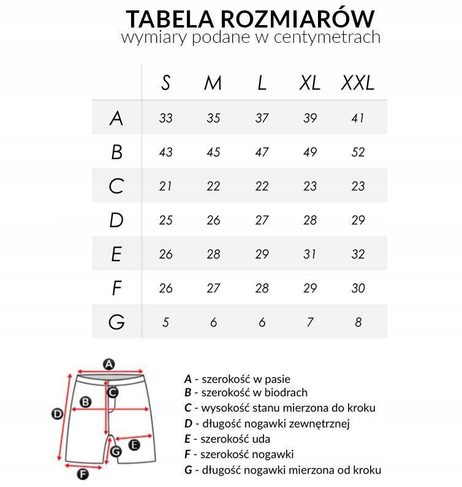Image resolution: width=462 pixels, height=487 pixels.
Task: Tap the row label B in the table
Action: [116, 152]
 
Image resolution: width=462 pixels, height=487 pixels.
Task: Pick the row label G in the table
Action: [116, 322]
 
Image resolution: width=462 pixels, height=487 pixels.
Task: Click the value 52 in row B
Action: [358, 152]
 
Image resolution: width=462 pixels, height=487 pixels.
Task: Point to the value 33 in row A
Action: [165, 118]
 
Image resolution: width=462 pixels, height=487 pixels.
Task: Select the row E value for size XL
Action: [310, 254]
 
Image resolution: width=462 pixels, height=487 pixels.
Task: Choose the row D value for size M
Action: [213, 220]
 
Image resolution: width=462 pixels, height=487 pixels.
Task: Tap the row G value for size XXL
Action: [358, 322]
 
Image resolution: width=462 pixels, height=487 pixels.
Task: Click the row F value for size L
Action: [262, 288]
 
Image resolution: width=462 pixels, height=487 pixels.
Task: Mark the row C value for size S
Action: [165, 186]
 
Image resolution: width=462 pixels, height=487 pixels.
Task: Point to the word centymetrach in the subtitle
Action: [331, 37]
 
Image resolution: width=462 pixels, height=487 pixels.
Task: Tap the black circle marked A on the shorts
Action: [108, 365]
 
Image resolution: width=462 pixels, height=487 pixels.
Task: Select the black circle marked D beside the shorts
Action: [57, 414]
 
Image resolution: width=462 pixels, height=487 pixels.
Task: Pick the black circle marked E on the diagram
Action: [135, 445]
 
